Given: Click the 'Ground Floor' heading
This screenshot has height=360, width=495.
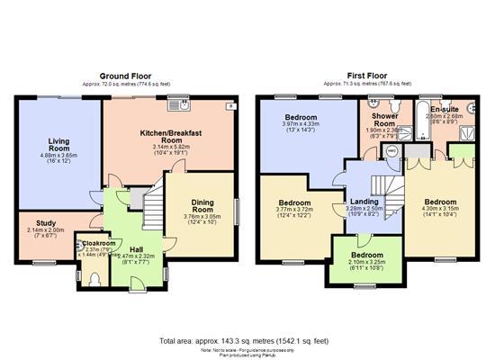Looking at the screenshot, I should click(x=125, y=76).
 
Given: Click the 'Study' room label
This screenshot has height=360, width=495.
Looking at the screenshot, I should click(x=47, y=222).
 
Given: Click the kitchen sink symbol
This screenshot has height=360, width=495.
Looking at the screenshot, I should click(x=175, y=104).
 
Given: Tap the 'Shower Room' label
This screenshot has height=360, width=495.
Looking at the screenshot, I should click(x=384, y=121).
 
